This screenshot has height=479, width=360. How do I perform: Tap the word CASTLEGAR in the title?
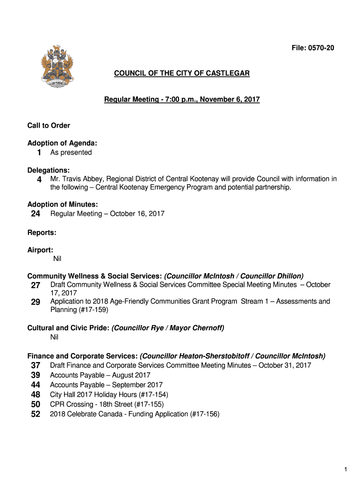pos(227,73)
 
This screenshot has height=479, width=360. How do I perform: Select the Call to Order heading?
pos(49,125)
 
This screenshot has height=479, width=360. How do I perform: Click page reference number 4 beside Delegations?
pos(39,180)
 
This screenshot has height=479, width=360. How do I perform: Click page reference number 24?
pos(36,214)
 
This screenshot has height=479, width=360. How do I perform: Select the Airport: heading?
pos(40,250)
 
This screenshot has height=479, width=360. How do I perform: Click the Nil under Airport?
pos(57,258)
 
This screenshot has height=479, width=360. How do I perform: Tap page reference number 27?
pos(36,285)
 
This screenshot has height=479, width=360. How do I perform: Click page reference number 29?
pos(36,302)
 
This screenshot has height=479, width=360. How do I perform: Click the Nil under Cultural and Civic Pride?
pos(54,337)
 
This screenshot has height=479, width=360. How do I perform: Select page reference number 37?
pos(36,365)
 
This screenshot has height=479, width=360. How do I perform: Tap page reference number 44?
pos(36,385)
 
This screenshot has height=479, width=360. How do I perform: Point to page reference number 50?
pos(36,404)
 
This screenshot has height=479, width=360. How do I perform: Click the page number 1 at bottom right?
pos(345,469)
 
